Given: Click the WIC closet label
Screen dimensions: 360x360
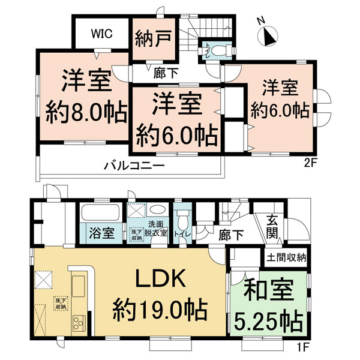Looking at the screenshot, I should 100,34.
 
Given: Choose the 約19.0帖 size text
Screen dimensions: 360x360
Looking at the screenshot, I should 160,311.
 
